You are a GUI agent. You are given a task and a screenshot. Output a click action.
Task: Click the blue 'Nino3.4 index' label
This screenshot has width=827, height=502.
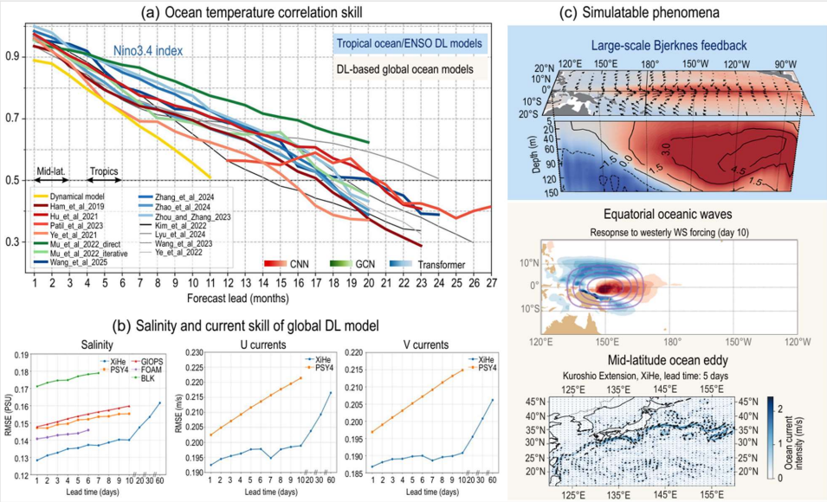click(147, 51)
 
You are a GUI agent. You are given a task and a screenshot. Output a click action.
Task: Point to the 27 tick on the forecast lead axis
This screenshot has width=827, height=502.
click(491, 282)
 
